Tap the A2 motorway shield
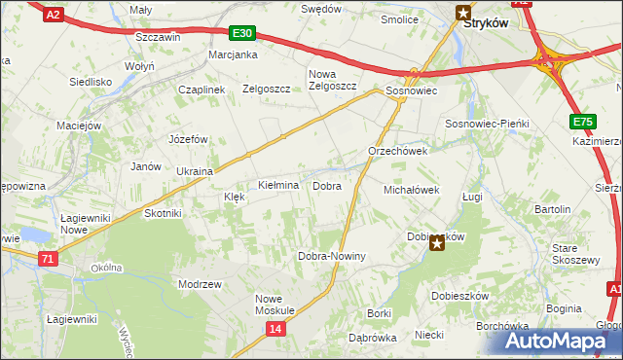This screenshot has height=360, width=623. [55, 14]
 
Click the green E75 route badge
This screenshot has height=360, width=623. [582, 121]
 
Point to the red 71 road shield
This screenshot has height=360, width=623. [49, 259]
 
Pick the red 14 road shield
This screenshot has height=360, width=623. [275, 331]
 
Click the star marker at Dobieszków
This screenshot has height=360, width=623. [437, 243]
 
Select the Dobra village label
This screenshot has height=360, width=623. [326, 185]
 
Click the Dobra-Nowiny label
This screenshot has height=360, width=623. [331, 256]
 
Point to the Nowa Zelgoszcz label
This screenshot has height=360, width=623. [333, 80]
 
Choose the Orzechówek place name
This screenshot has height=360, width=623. [398, 152]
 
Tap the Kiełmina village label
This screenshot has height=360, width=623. [277, 185]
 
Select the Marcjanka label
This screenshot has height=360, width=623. [232, 55]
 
